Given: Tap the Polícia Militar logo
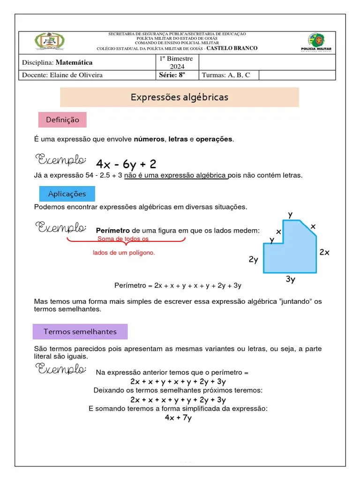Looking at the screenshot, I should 315,42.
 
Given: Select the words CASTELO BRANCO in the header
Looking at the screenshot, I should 232,48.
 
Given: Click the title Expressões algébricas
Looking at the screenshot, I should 180,97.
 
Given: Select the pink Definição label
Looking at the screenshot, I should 62,120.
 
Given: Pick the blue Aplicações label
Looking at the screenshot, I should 67,194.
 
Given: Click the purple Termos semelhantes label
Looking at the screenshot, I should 80,331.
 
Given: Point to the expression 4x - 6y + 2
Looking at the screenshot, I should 126,164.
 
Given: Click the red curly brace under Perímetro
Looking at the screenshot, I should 126,240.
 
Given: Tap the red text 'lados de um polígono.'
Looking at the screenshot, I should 124,253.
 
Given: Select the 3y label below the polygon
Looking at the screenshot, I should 291,280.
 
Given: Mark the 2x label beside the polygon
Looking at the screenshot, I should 324,252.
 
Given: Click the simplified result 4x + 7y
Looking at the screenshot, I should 178,418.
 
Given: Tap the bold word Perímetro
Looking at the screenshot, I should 112,231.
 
